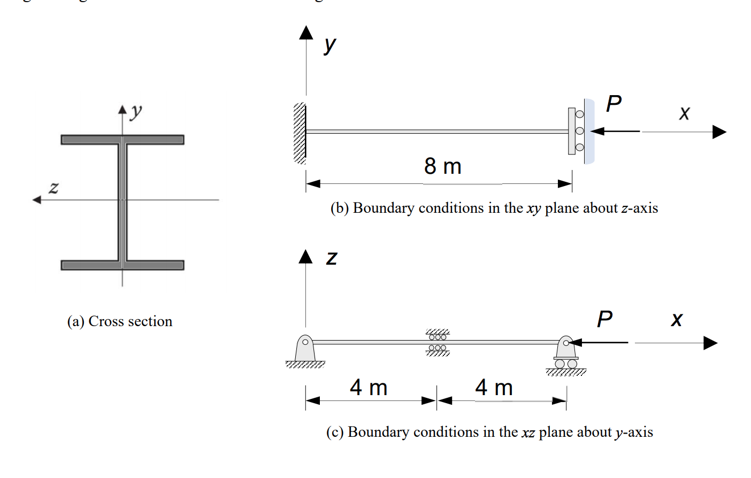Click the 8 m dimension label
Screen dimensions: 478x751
(x=442, y=166)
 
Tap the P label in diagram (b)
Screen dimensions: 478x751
(x=614, y=103)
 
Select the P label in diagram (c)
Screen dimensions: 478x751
(x=604, y=319)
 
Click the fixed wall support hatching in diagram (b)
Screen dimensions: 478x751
(x=300, y=133)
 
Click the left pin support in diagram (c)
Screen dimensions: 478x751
(x=305, y=350)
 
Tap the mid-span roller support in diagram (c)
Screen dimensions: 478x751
(x=438, y=342)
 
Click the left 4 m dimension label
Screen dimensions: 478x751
(x=369, y=388)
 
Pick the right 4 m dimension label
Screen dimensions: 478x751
(x=494, y=388)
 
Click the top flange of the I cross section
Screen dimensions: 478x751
(x=122, y=140)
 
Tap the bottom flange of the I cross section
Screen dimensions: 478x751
(x=122, y=265)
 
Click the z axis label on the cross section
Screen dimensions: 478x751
(x=53, y=188)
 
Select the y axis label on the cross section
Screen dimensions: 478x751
(x=136, y=111)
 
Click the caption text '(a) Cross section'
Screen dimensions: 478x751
(x=120, y=321)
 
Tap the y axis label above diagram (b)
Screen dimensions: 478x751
(x=330, y=44)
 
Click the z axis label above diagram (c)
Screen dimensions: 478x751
(x=332, y=258)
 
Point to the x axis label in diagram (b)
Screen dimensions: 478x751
(x=684, y=113)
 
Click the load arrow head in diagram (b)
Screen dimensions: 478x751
(x=596, y=131)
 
